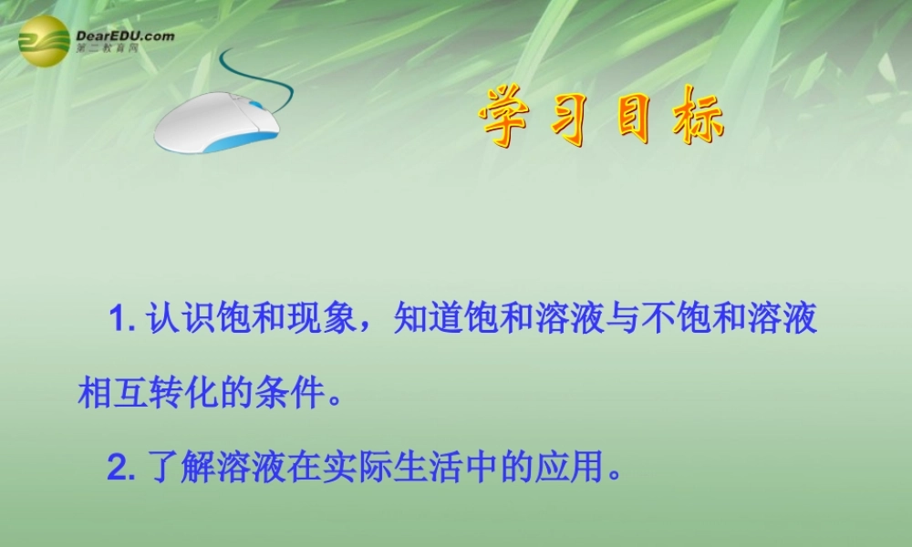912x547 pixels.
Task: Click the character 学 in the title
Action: [508, 120]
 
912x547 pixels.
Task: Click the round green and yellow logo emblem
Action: [44, 42]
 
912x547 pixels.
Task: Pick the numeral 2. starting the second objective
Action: [121, 469]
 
